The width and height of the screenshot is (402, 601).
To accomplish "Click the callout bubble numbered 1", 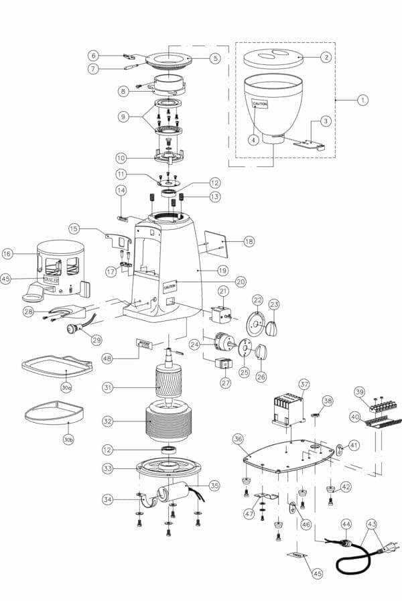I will pos(362,100).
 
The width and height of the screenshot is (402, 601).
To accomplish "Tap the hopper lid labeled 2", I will pos(271,58).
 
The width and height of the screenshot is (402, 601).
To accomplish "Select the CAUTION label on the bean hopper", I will pos(260,105).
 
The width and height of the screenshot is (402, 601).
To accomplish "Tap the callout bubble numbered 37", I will pos(304,384).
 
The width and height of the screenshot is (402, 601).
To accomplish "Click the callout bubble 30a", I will pos(66,387).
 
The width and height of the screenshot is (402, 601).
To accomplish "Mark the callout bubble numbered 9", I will pos(123,116).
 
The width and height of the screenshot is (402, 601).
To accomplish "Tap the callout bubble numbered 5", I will pos(214,58).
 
